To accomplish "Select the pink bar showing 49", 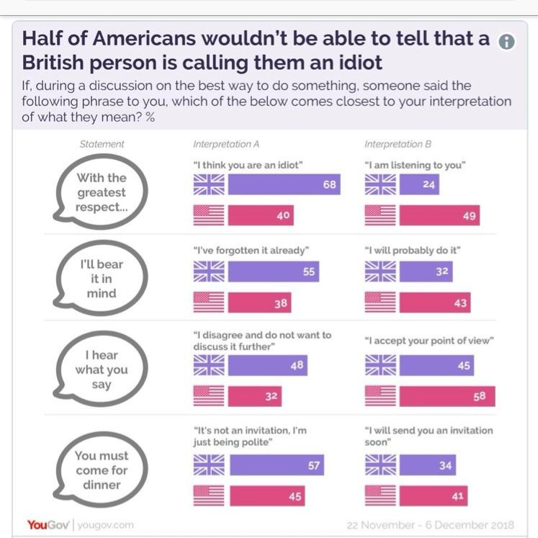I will (x=439, y=215).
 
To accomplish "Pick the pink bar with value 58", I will (x=447, y=396).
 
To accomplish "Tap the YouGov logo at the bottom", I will (x=48, y=524).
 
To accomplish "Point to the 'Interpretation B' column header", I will (x=398, y=145).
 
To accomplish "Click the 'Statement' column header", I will (x=102, y=145).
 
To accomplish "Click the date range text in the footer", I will (x=430, y=524).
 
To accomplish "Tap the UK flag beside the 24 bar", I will (x=380, y=185).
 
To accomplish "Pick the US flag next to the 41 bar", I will (x=380, y=496).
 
